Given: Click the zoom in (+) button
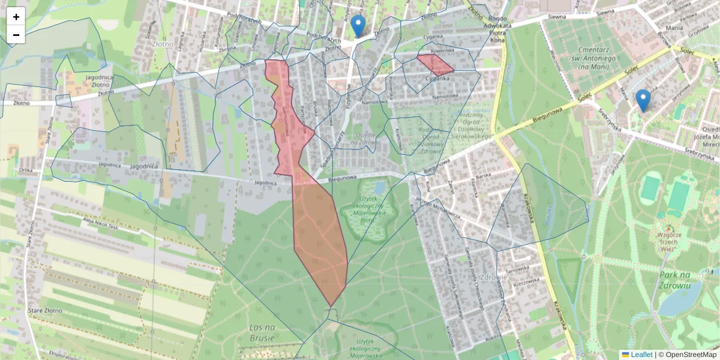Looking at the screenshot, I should pyautogui.click(x=16, y=17).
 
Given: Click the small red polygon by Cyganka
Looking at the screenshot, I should pyautogui.click(x=434, y=63).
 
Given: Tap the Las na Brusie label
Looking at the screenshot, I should pyautogui.click(x=262, y=332).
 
